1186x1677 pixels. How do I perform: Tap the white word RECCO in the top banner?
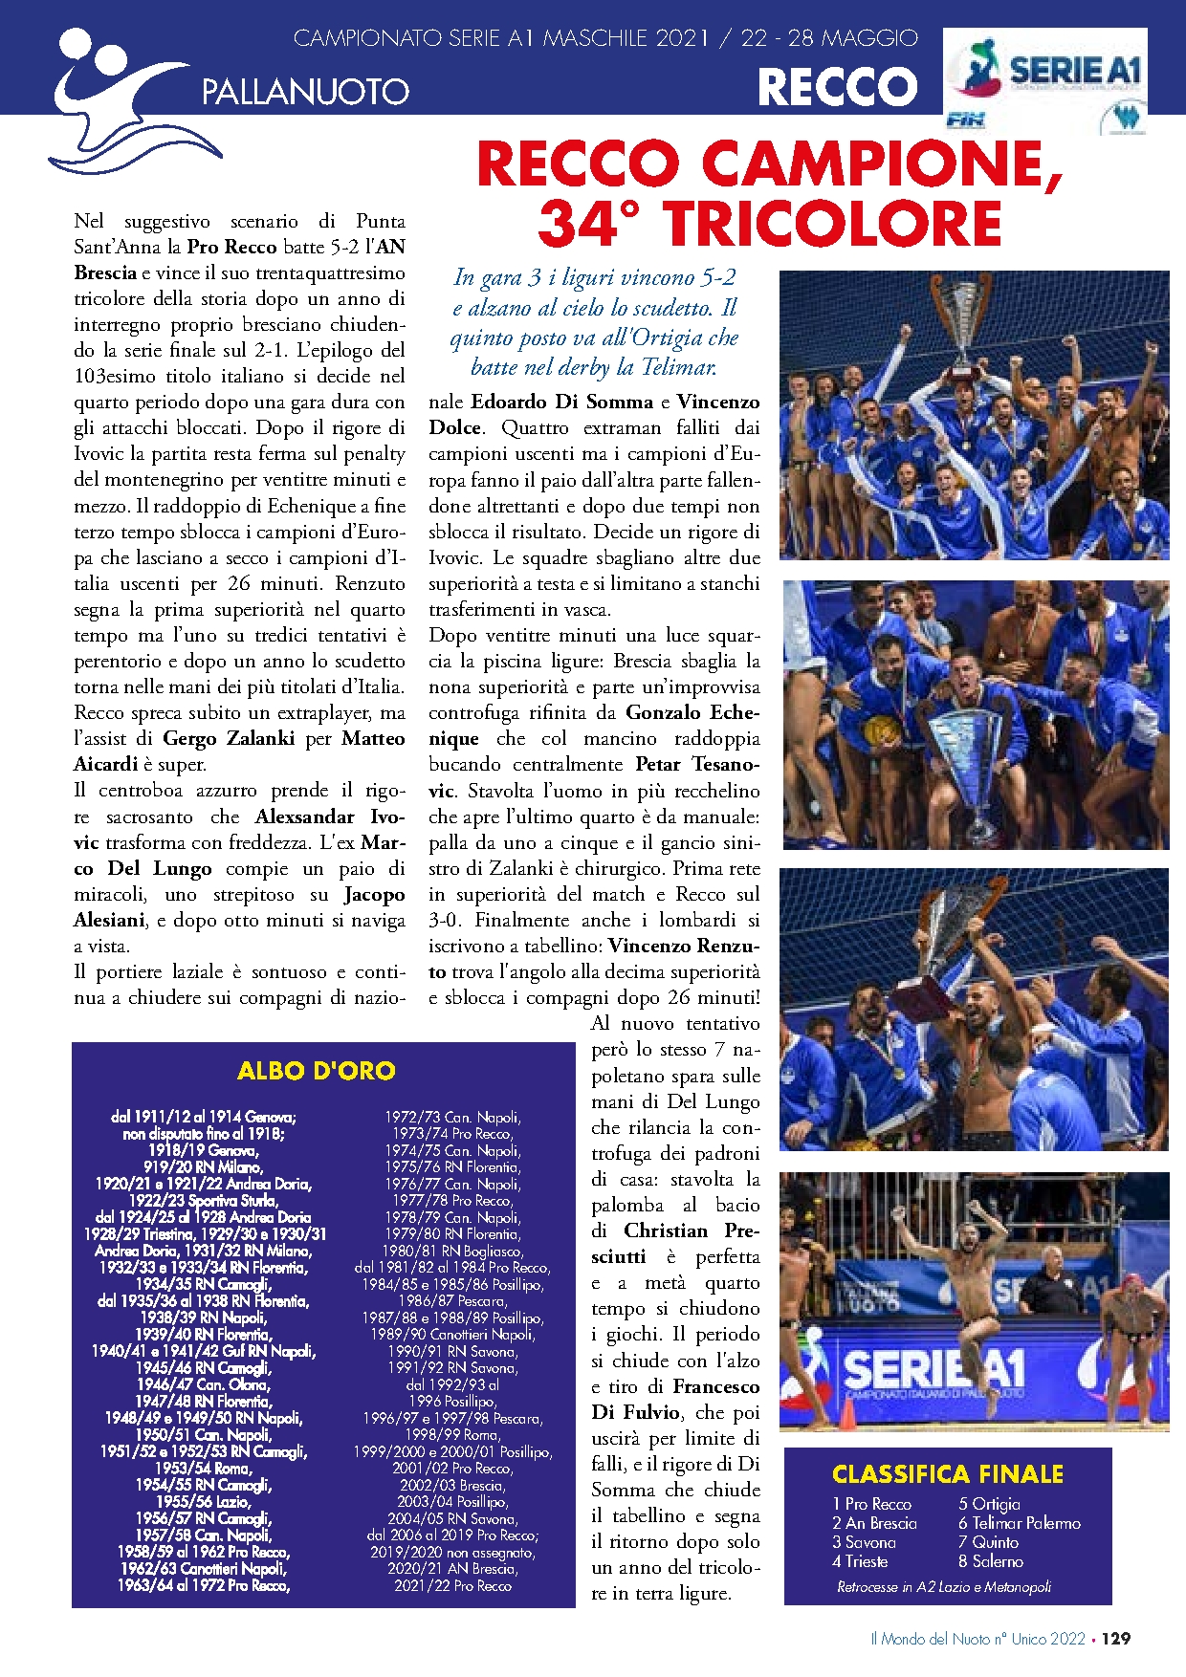point(837,88)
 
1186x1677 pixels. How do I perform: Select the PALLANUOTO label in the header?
point(305,92)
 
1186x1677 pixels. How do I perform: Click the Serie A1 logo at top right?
point(1046,72)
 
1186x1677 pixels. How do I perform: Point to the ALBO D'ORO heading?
point(317,1070)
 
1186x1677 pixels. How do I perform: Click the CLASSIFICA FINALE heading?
point(947,1474)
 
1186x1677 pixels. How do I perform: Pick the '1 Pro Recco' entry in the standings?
point(871,1504)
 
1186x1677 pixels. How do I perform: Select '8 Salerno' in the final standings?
point(991,1561)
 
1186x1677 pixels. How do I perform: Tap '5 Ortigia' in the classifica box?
point(989,1504)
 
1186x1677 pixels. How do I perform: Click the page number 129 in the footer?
point(1115,1639)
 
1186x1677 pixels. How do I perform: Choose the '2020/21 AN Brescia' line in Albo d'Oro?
point(452,1569)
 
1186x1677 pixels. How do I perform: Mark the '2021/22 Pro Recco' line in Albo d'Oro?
point(452,1585)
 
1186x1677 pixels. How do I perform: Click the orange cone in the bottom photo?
point(847,1414)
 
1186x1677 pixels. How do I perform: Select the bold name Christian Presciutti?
point(675,1243)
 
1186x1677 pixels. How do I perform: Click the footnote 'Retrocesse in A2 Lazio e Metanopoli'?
point(943,1587)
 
